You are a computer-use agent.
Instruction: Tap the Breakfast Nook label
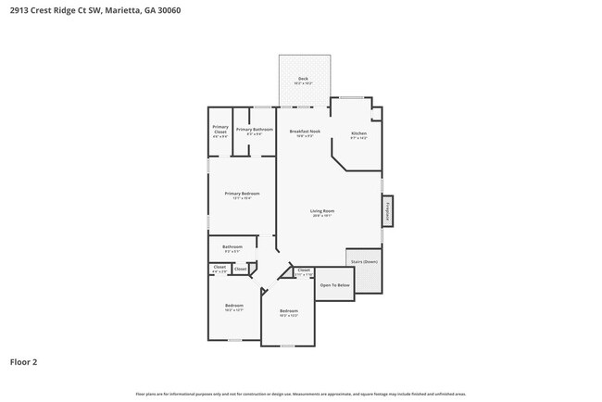(x=304, y=132)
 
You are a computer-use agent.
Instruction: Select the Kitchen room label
(x=358, y=135)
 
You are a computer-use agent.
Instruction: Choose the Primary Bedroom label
(x=242, y=195)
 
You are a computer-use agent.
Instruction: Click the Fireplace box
(x=387, y=210)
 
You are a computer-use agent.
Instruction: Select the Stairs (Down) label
(x=363, y=262)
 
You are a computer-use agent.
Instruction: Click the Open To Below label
(x=334, y=284)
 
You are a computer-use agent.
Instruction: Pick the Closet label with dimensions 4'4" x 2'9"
(x=219, y=269)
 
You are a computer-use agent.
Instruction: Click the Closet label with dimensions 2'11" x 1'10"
(x=304, y=271)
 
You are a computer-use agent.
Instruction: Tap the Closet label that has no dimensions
(x=240, y=269)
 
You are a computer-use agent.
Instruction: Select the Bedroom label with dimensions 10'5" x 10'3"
(x=288, y=312)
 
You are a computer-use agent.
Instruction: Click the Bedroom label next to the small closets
(x=233, y=307)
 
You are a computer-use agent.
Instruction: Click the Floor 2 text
(x=25, y=361)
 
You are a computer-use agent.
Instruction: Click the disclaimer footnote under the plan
(x=300, y=394)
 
